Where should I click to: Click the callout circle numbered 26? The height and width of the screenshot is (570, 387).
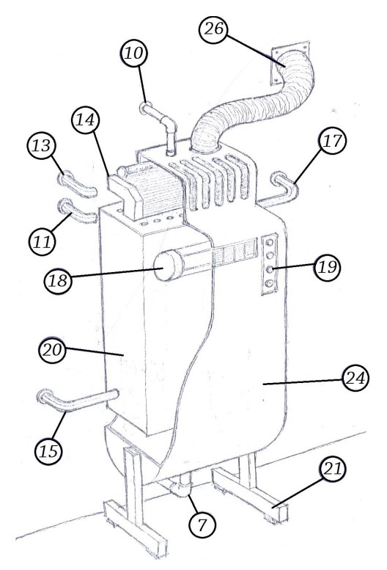[213, 29]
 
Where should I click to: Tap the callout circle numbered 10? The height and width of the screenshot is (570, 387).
[133, 54]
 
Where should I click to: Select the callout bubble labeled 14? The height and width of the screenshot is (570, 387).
[85, 120]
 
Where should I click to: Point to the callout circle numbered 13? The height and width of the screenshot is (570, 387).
[41, 146]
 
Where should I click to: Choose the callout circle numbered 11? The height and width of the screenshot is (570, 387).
[42, 241]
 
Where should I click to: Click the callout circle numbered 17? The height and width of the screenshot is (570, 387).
[333, 141]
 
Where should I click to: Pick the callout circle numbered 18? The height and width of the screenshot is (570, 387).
[58, 281]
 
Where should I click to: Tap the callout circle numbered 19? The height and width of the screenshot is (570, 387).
[328, 268]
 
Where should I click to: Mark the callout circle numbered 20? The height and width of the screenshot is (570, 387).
[52, 351]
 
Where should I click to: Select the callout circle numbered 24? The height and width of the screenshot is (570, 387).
[355, 378]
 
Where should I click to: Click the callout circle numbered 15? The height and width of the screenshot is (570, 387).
[48, 451]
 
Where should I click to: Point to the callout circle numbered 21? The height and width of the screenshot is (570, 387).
[332, 469]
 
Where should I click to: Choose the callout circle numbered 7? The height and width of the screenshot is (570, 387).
[202, 525]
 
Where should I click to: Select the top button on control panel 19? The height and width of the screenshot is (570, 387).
[270, 242]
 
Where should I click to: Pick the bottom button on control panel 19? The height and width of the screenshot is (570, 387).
[269, 284]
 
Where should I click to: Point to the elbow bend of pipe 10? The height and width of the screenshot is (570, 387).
[169, 125]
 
